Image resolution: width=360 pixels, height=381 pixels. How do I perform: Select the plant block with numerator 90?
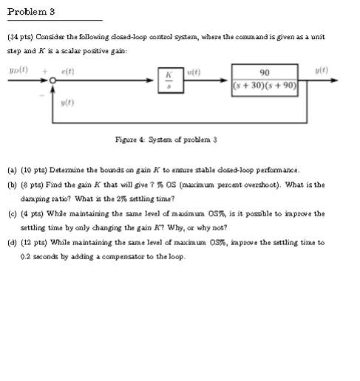point(265,79)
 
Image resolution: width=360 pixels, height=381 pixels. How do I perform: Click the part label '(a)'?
point(13,169)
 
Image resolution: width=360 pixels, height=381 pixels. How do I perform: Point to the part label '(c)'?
point(13,213)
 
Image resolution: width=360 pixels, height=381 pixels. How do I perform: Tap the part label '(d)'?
point(13,242)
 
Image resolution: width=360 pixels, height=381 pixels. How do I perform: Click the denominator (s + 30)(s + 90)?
point(265,86)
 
